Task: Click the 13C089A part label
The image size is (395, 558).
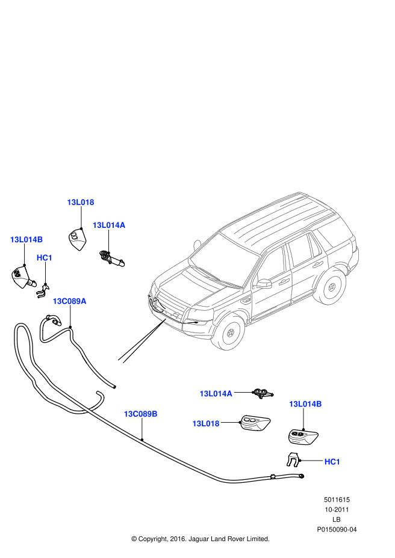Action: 69,301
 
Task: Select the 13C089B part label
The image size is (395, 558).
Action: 141,414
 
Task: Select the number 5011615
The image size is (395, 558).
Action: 337,500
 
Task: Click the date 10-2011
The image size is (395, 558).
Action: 337,509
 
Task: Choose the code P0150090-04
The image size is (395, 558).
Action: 337,529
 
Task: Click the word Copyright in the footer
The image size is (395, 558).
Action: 152,539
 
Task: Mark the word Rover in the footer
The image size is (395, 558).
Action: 237,539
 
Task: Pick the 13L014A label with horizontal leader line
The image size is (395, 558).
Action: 216,393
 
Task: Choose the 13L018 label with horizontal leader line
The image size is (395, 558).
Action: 206,423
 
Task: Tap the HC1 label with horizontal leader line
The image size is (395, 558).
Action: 332,462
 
